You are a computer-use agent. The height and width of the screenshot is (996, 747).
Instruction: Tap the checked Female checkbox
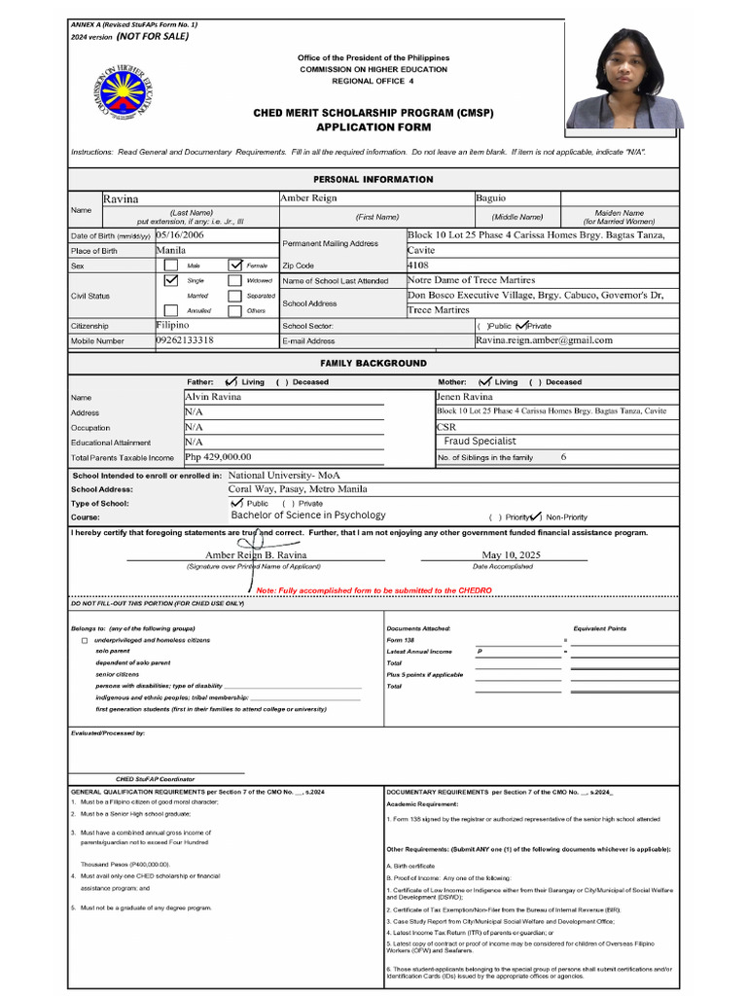click(235, 265)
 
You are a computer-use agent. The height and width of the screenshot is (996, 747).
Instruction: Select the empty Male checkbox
click(171, 265)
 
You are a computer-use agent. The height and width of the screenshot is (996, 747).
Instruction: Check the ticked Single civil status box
click(171, 279)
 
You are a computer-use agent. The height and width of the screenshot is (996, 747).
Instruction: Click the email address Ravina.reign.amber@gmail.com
click(544, 340)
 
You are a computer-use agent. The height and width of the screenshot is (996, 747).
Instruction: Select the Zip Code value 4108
click(417, 265)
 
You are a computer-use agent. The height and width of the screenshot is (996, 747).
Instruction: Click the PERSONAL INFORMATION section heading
click(373, 180)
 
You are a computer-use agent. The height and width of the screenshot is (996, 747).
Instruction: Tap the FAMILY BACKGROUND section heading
click(373, 363)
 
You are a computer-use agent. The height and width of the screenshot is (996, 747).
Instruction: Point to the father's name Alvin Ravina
click(213, 397)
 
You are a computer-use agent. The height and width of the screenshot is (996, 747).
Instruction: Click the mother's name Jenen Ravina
click(465, 397)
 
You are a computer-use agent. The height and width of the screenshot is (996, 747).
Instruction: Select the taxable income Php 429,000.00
click(218, 456)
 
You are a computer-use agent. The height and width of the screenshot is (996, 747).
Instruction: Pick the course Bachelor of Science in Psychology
click(308, 516)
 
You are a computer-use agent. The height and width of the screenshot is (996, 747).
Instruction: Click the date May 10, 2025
click(503, 555)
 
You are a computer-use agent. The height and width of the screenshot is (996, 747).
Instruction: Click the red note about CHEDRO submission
click(373, 590)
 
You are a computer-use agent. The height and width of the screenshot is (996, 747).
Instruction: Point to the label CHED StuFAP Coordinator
click(155, 779)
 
